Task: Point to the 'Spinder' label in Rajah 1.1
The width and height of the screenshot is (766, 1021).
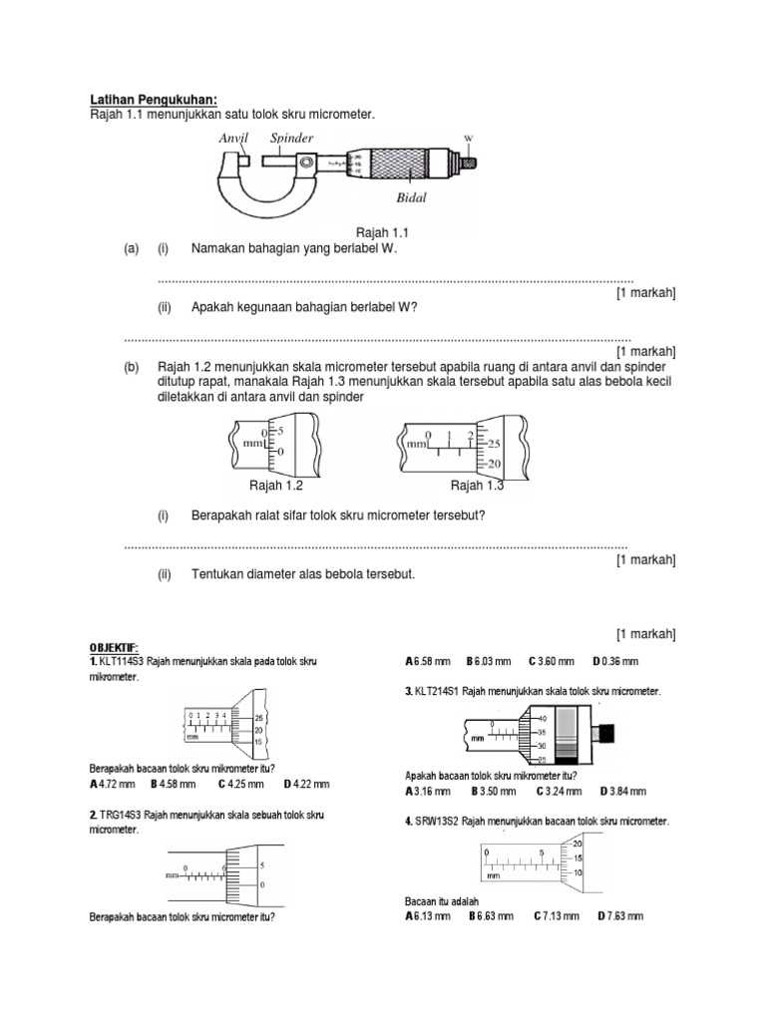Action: (291, 138)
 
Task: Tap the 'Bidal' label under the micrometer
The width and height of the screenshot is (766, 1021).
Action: (410, 197)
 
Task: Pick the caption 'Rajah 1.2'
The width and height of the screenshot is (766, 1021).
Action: (275, 486)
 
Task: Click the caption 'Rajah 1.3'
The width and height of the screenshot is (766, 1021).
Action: (478, 486)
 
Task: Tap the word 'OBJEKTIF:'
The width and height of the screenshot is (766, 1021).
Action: (117, 646)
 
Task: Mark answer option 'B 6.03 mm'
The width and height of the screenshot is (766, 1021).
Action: (488, 661)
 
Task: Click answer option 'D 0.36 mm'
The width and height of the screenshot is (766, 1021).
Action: (615, 661)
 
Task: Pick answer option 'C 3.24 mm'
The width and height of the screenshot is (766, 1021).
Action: (557, 791)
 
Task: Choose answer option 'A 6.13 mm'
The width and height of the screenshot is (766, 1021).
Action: (428, 915)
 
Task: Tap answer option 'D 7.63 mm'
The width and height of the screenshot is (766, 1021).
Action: (620, 915)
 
